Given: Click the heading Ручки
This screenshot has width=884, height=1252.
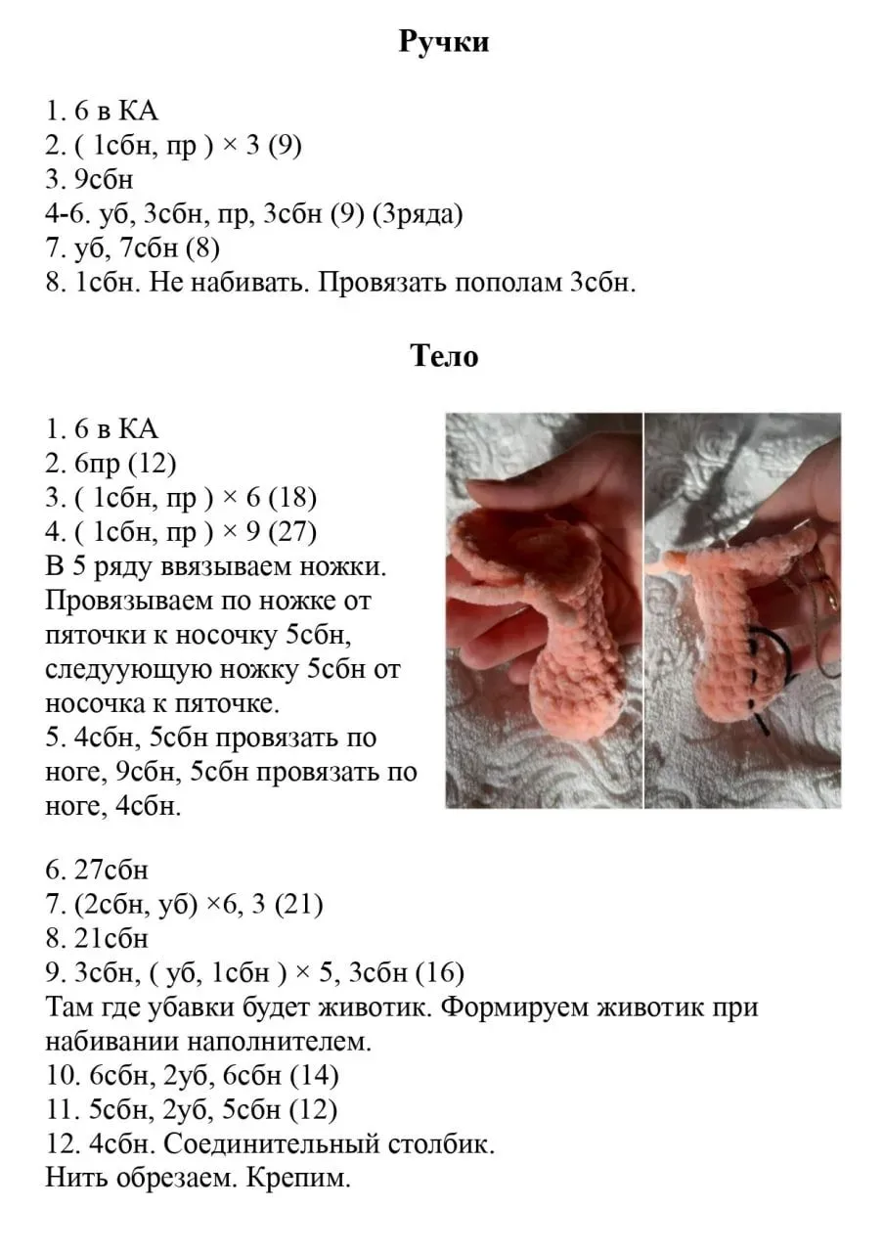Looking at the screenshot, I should tap(444, 42).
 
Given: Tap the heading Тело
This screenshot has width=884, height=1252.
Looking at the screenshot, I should tap(444, 356).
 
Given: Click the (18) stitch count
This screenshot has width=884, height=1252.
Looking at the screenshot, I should tap(292, 497).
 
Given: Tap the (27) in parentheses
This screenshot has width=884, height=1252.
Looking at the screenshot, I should tap(292, 531).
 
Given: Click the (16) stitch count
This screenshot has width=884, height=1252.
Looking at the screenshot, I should tap(439, 972).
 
